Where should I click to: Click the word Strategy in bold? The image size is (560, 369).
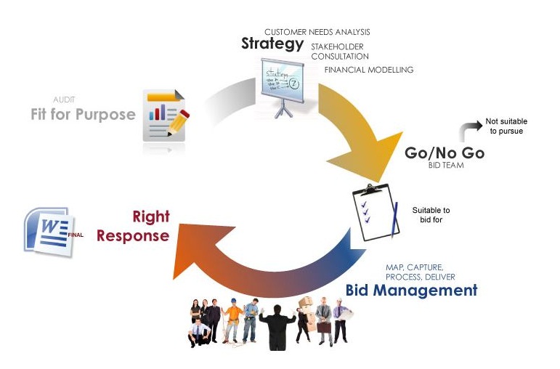click(272, 44)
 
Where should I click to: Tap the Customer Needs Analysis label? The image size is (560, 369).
click(317, 32)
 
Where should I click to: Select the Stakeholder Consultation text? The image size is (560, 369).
click(339, 51)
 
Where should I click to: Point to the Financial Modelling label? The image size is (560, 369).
click(368, 70)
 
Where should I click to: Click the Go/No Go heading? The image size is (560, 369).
click(444, 153)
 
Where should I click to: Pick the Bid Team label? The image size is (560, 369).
click(445, 166)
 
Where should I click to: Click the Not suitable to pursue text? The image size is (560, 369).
click(503, 126)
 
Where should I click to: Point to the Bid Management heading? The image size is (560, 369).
click(411, 291)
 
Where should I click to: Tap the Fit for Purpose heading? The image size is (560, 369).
click(83, 114)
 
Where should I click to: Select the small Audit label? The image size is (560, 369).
click(64, 99)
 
